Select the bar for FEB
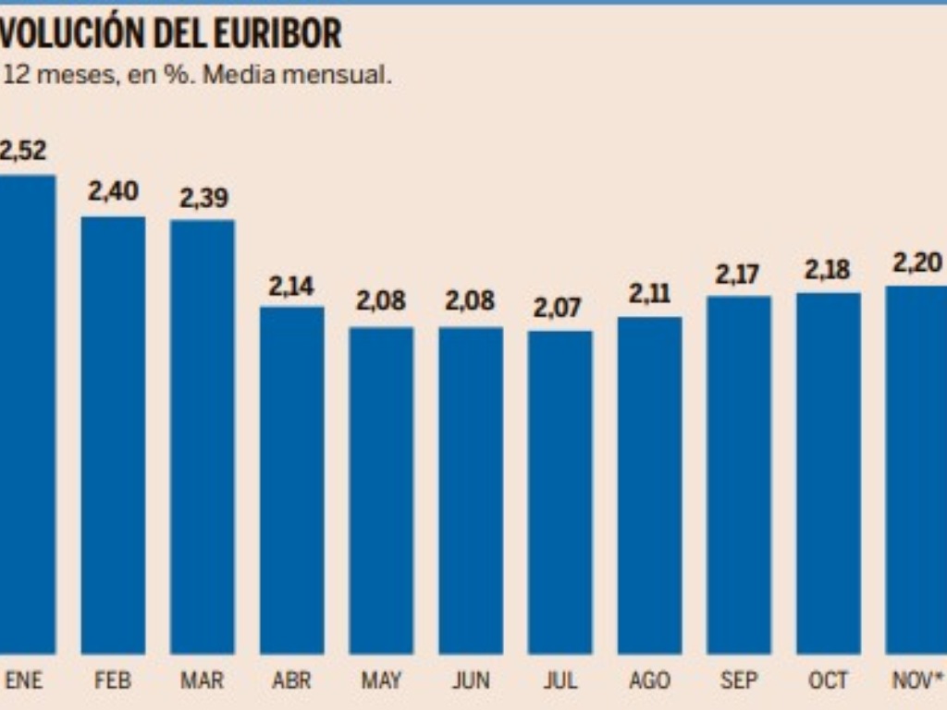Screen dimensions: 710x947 tap(113, 435)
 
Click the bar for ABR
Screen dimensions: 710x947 tap(291, 480)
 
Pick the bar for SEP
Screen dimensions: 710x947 tap(739, 474)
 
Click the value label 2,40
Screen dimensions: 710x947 tap(113, 191)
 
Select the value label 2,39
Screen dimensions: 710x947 tap(203, 198)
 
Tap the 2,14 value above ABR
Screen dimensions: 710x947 tap(291, 287)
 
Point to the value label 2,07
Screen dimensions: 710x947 tap(559, 308)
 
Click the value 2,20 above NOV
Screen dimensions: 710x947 tap(916, 263)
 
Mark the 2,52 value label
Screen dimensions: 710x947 tap(22, 151)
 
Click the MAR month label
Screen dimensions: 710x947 tap(202, 681)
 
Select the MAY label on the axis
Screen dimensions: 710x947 tap(381, 681)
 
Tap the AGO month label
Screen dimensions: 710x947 tap(649, 681)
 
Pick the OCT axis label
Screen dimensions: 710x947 tap(828, 681)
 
